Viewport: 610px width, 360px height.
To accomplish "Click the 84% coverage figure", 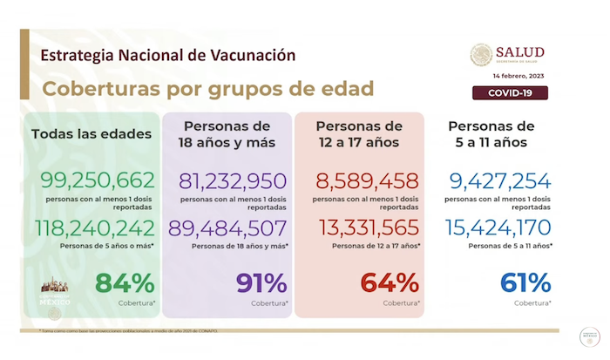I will [x=125, y=283].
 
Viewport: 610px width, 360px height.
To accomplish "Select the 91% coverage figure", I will [x=261, y=283].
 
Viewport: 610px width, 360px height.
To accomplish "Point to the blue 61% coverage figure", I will [x=525, y=283].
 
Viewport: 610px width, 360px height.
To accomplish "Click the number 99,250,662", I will [x=97, y=180].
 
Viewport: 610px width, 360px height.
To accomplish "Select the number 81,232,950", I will [x=232, y=180].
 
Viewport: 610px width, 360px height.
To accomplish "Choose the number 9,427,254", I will [x=500, y=180].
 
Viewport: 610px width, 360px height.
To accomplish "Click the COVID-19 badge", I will [x=509, y=93].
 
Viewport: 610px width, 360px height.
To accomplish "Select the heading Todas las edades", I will [x=91, y=134].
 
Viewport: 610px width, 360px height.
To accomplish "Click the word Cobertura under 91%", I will [x=268, y=303].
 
